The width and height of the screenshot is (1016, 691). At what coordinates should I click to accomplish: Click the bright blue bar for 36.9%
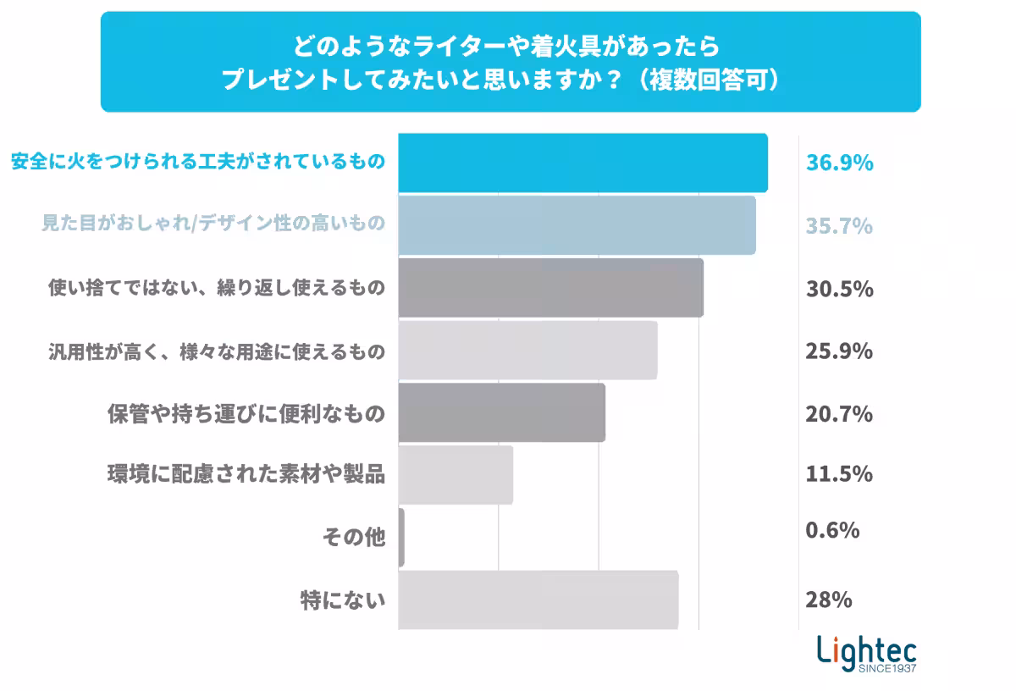[583, 163]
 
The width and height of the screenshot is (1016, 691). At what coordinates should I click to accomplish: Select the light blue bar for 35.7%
[577, 225]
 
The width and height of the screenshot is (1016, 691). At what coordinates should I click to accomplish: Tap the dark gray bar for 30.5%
[550, 288]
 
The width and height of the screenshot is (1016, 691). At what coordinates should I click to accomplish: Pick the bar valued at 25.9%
[527, 350]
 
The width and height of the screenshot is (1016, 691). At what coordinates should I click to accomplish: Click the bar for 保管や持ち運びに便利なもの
[501, 412]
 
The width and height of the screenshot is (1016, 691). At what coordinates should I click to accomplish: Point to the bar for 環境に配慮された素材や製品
[456, 475]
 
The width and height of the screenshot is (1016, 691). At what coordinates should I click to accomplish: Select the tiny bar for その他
[401, 537]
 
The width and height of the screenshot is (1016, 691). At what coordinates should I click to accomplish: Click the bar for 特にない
[538, 600]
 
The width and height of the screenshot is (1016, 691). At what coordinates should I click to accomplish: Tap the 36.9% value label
[839, 163]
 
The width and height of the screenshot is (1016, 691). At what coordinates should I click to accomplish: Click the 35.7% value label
[839, 226]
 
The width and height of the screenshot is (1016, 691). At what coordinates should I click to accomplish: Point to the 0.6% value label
[832, 530]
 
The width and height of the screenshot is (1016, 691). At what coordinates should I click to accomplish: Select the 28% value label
[828, 600]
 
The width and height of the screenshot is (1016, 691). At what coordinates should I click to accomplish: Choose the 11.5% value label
[838, 474]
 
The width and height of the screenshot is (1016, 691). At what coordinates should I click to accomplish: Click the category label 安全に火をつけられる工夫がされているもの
[198, 162]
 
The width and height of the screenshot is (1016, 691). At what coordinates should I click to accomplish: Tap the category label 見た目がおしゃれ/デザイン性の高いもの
[213, 224]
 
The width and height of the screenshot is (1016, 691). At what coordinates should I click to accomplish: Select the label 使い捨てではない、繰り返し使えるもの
[216, 288]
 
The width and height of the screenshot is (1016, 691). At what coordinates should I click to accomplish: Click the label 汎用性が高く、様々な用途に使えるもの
[216, 351]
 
